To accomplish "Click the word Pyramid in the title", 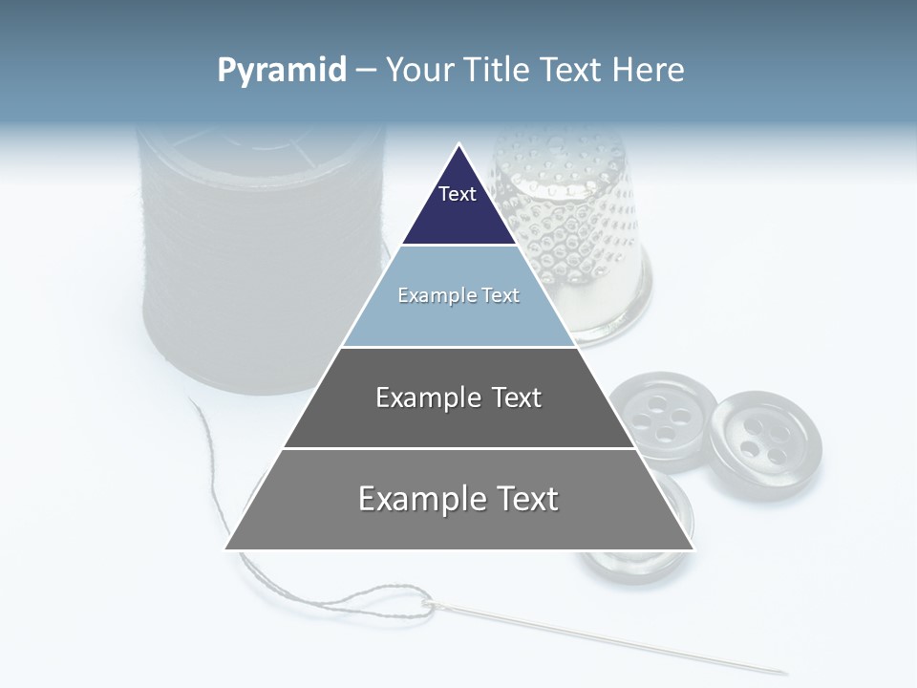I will coord(281,71).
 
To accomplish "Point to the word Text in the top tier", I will coord(458,194).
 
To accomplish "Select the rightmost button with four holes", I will coord(765,443).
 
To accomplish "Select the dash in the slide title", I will coord(366,71).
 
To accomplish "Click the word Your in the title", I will coord(418,71).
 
